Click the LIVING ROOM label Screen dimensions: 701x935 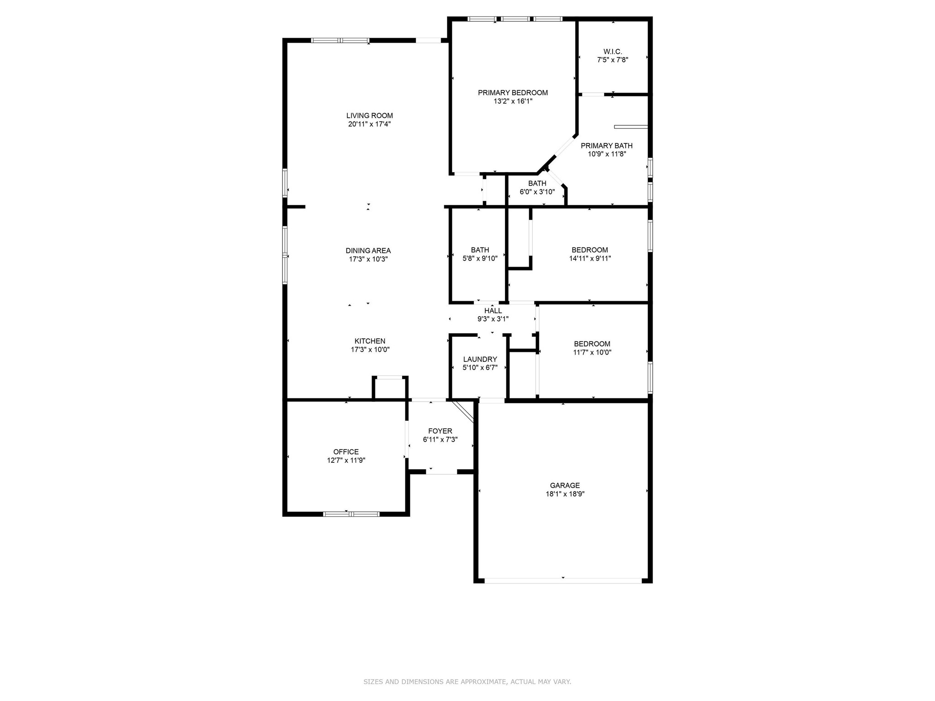click(369, 115)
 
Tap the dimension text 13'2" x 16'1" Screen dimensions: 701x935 click(513, 101)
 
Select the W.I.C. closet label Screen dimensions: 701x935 click(612, 52)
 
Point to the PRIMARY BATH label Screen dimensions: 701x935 click(606, 146)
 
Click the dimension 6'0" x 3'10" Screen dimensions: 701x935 click(537, 192)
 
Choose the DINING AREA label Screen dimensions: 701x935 click(368, 251)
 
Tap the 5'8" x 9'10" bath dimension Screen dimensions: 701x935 click(480, 258)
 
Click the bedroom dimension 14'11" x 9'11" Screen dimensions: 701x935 click(589, 258)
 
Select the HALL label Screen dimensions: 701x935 click(493, 311)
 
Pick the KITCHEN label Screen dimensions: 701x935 click(370, 341)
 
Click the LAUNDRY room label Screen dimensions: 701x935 click(480, 359)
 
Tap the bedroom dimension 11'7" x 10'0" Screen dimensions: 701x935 click(592, 352)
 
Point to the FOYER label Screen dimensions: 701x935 click(440, 431)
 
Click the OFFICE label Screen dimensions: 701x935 click(346, 452)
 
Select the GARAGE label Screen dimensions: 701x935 click(565, 486)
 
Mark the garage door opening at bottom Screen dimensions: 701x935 click(563, 581)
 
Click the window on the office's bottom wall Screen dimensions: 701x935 click(351, 514)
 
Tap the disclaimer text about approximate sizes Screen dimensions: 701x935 click(467, 682)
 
